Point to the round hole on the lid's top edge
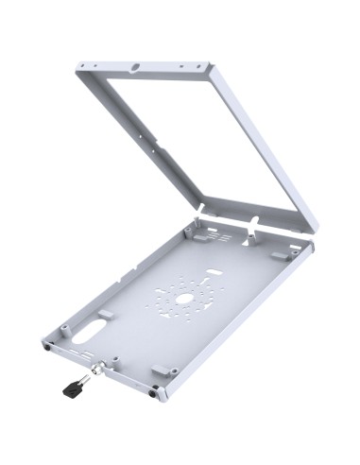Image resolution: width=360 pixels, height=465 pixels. tap(136, 68)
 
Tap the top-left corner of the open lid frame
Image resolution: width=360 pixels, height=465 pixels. tap(78, 65)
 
